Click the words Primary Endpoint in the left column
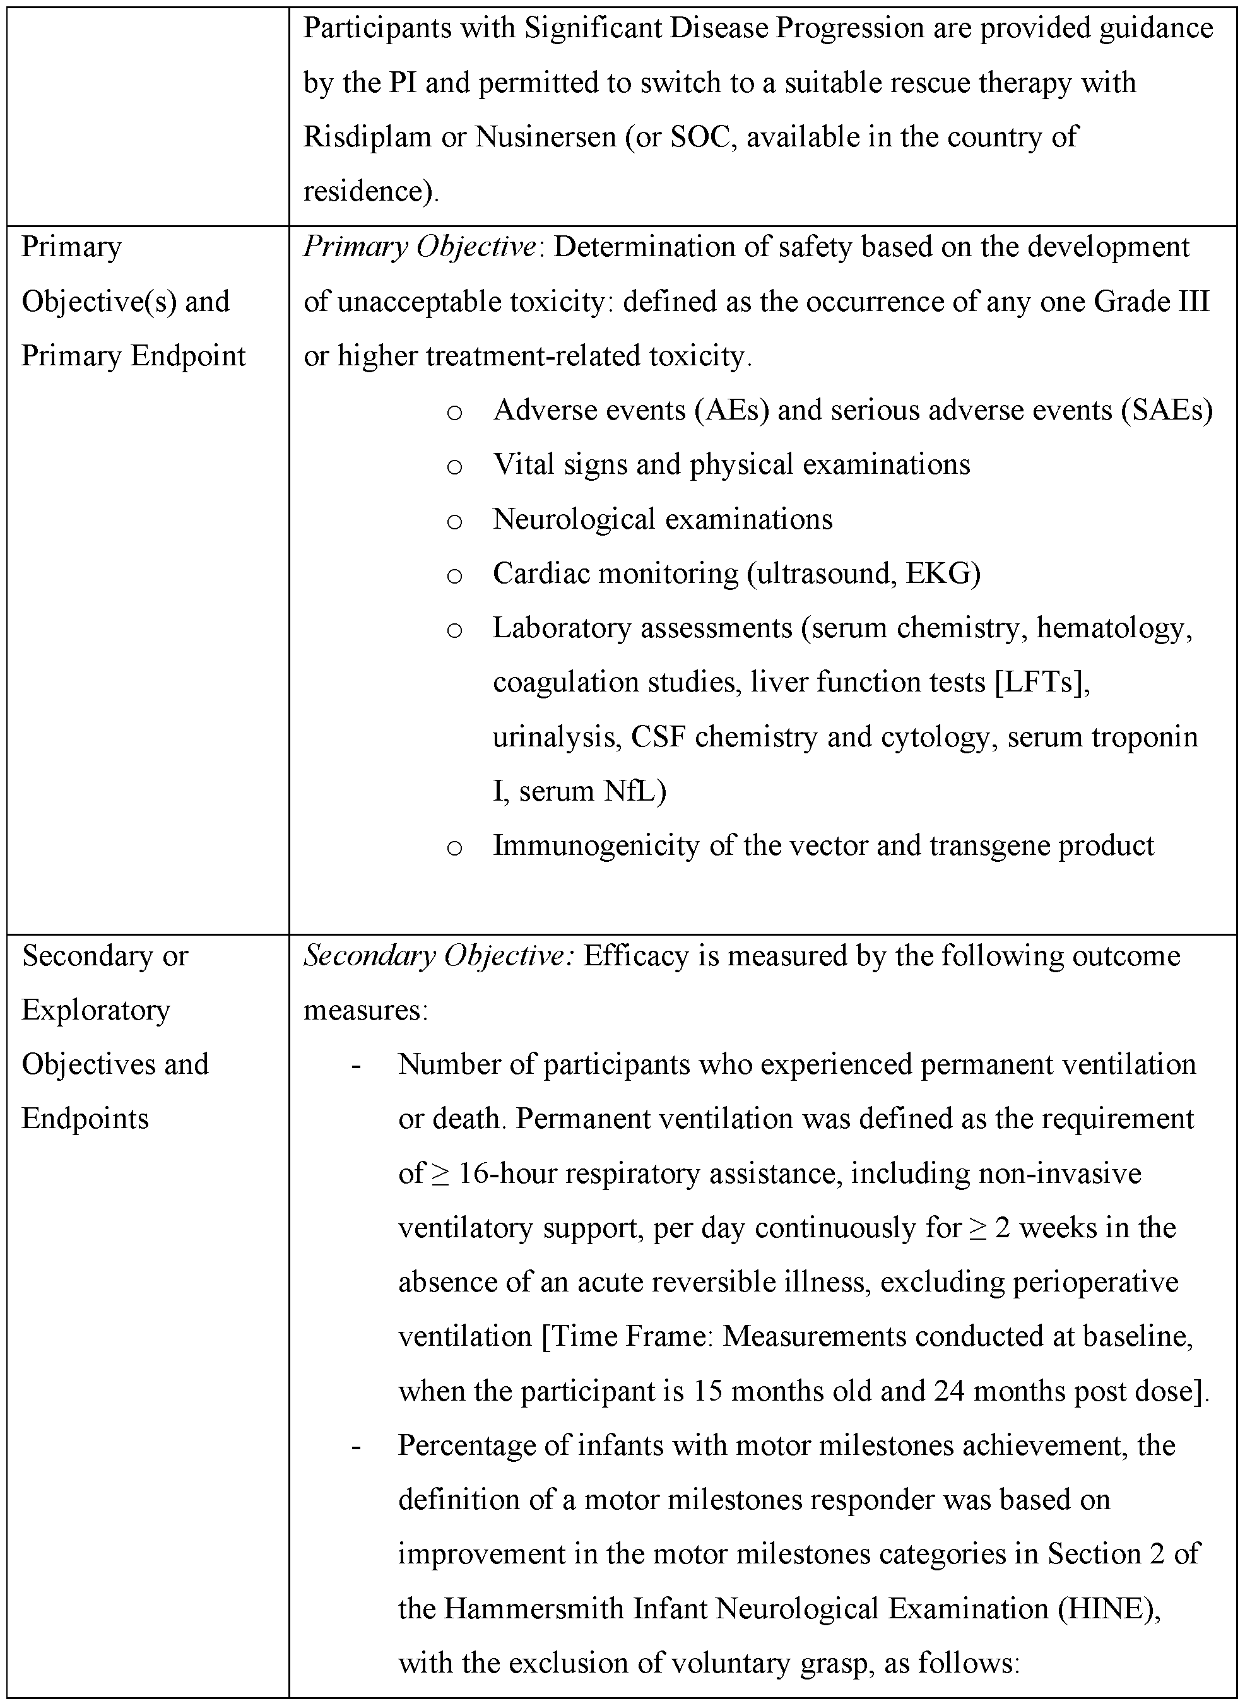[x=133, y=356]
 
